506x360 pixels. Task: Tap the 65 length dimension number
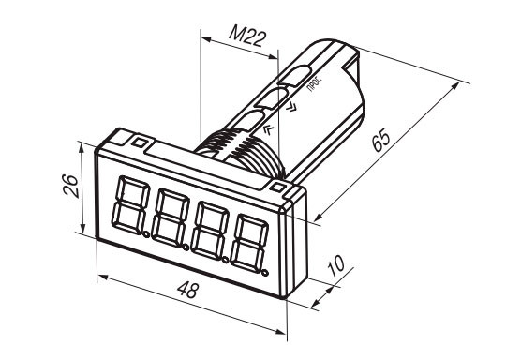pos(381,140)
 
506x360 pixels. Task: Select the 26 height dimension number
pos(70,186)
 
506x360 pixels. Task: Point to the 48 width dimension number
pos(187,290)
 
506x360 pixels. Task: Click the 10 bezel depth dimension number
pos(335,265)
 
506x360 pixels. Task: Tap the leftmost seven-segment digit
pos(130,204)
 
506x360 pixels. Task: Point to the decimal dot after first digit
pos(146,234)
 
